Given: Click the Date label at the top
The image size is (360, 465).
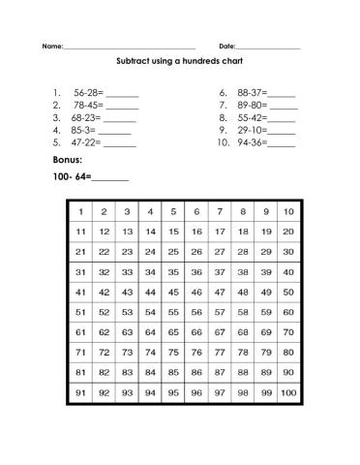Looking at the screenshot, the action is [227, 46].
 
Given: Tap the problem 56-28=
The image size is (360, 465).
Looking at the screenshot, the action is [88, 94].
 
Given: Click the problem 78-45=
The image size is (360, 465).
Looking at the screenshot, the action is [88, 106].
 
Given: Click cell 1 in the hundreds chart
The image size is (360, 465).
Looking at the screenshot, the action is [80, 211].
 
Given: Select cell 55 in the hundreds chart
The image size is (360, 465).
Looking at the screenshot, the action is [173, 313].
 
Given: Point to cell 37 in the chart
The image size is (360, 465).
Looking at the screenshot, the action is [220, 272].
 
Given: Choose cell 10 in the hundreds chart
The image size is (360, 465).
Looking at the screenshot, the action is [288, 211].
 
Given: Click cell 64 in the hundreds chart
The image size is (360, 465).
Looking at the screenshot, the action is [150, 333].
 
